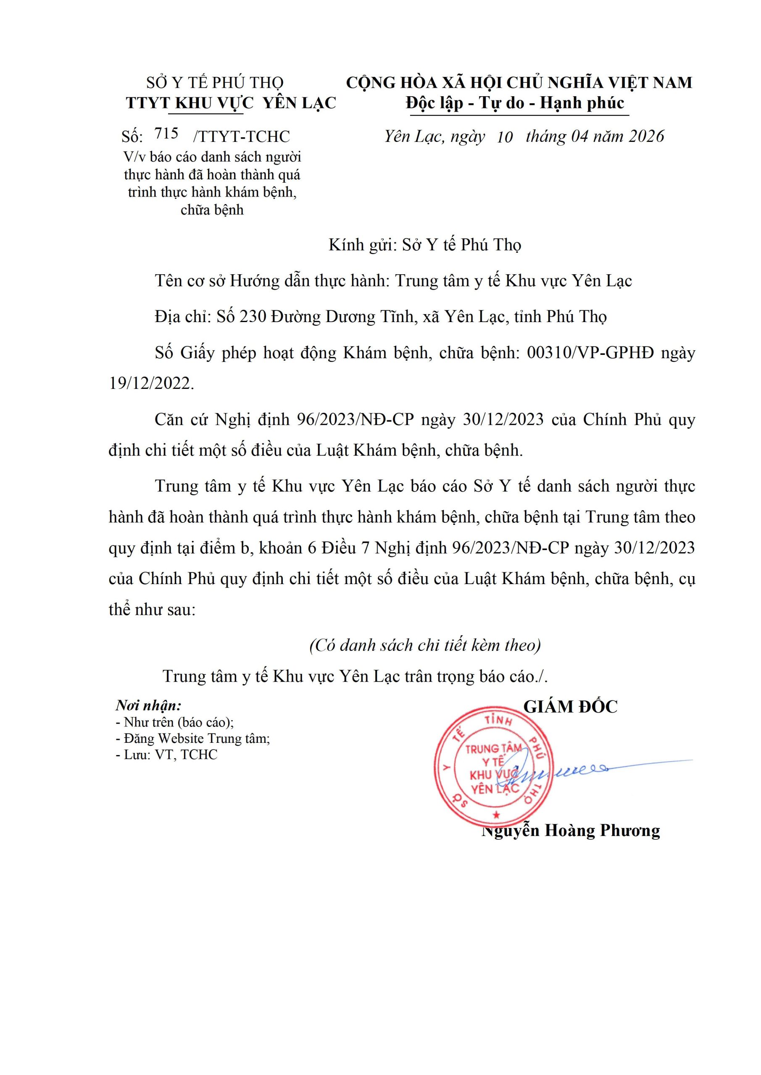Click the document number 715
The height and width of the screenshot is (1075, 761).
[166, 134]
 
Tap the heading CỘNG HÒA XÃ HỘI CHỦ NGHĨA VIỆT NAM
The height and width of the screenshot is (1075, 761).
[519, 83]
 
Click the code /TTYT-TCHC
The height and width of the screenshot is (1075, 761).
[241, 136]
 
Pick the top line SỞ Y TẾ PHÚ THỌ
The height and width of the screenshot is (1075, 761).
[215, 83]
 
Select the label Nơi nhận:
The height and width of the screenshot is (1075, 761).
[148, 705]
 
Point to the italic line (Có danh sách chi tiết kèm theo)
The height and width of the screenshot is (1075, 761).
[425, 645]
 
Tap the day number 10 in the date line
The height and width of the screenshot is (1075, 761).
[505, 137]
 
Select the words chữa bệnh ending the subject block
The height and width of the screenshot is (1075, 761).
[212, 210]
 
